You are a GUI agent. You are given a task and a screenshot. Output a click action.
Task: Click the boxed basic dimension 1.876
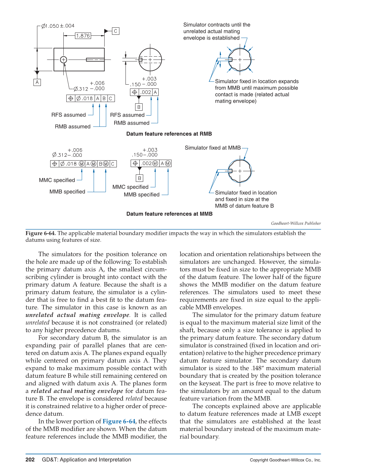click(x=83, y=36)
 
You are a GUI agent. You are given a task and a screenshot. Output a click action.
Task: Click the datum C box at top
click(x=116, y=31)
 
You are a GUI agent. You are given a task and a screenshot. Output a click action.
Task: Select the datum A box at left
click(x=37, y=82)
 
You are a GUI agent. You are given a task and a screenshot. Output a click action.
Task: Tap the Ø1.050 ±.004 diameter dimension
click(x=58, y=26)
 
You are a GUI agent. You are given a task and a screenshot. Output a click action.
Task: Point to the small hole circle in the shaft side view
click(x=64, y=60)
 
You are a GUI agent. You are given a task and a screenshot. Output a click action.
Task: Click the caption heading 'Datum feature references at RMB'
click(x=169, y=134)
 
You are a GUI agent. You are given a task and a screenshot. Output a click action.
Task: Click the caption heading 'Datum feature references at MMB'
click(x=169, y=214)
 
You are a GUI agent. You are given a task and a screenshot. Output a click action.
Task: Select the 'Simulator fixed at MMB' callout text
click(x=212, y=148)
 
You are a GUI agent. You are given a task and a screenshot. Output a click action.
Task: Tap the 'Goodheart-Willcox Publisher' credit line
click(x=296, y=223)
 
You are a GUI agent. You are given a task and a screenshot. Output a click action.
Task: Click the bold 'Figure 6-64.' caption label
click(x=41, y=233)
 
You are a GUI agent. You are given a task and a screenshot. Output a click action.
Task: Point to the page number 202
click(x=30, y=460)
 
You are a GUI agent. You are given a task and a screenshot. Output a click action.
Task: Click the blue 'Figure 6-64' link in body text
click(x=119, y=421)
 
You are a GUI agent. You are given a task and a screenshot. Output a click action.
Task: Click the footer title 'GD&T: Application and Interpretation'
click(x=86, y=460)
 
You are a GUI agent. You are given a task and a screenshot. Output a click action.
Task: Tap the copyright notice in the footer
click(x=285, y=460)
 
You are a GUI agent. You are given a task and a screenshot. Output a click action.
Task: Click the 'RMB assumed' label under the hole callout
click(x=72, y=126)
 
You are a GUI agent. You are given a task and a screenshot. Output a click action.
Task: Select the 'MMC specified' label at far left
click(x=57, y=180)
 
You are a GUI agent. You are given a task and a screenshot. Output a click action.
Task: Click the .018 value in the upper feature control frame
click(x=87, y=98)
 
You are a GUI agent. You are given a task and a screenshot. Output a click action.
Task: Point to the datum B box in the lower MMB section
click(x=139, y=178)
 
